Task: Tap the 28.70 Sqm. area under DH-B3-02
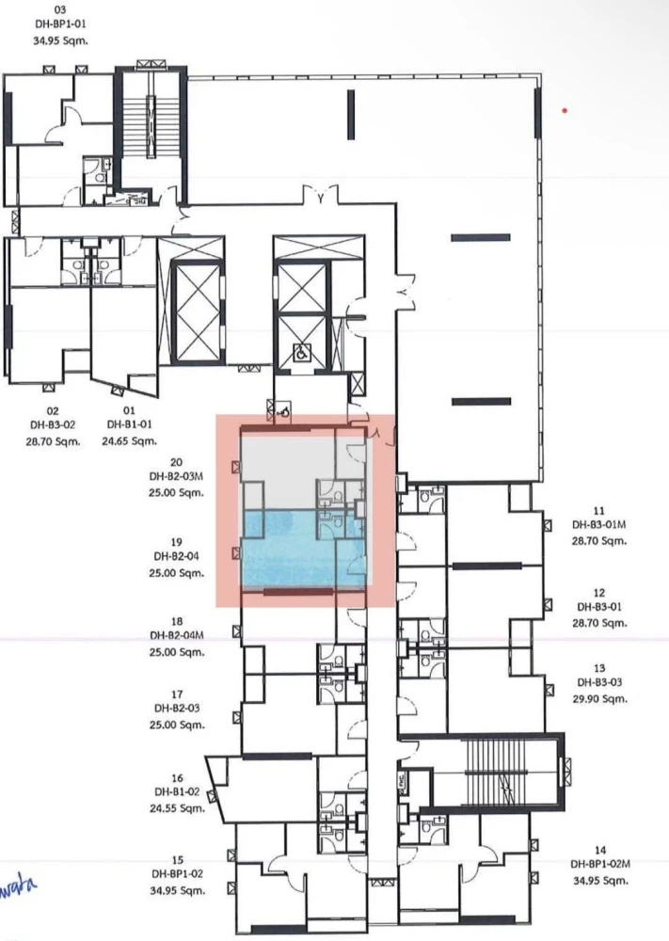[53, 440]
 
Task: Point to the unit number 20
[177, 462]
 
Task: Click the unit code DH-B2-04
[177, 557]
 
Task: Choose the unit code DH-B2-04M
[177, 635]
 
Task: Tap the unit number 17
[177, 694]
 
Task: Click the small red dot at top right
[565, 110]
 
